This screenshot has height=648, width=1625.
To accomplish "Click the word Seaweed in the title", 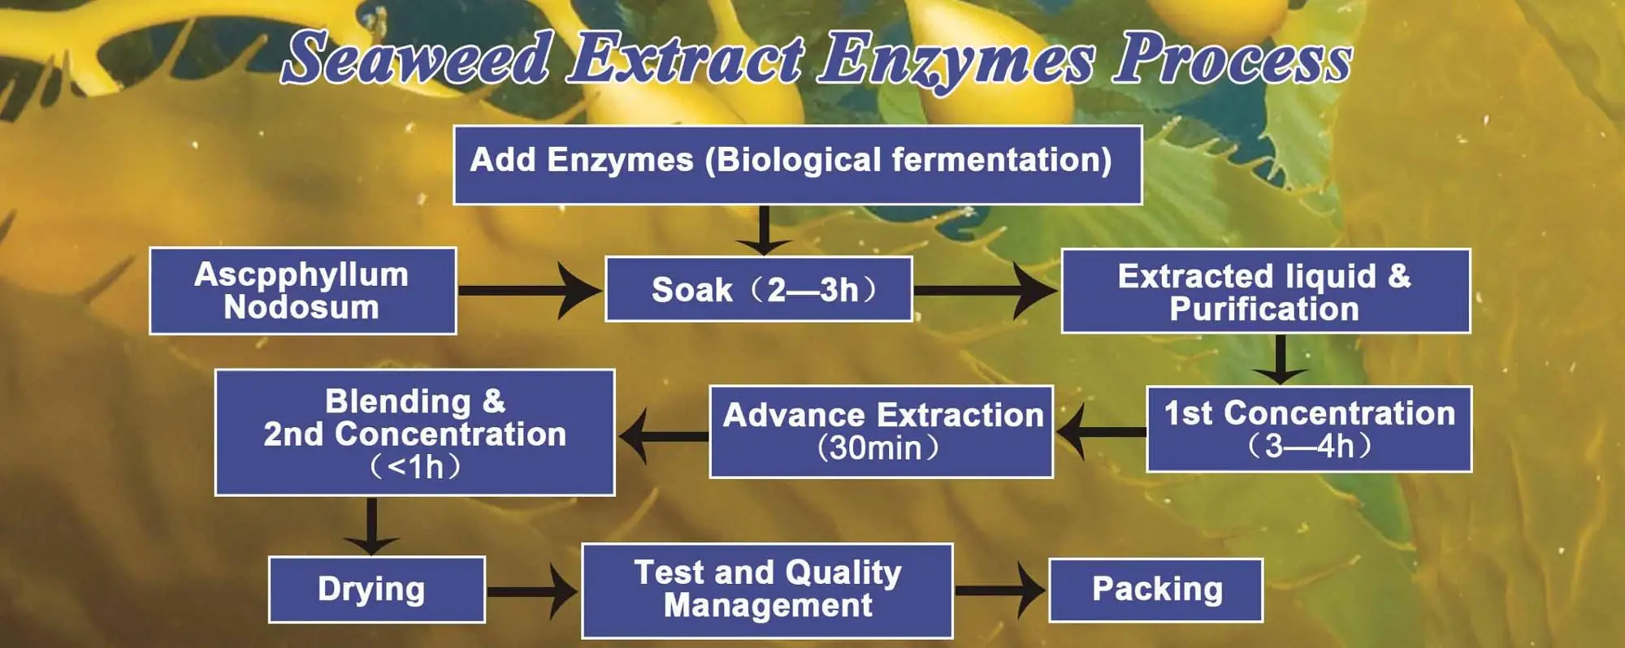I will tap(418, 58).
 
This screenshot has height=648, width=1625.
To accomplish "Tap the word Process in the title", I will tap(1232, 58).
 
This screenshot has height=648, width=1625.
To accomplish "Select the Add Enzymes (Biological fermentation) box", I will tap(797, 164).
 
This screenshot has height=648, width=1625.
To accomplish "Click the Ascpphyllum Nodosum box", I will tap(302, 291).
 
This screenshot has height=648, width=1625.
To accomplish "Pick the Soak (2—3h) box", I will tap(758, 289).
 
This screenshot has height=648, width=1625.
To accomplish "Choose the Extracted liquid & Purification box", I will tap(1265, 291).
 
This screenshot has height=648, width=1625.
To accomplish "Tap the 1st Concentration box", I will tap(1308, 429).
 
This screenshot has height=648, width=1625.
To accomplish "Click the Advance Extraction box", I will tap(881, 431).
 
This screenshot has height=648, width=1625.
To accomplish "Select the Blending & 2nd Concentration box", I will tap(414, 432).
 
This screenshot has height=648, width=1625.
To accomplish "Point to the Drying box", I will tap(376, 590).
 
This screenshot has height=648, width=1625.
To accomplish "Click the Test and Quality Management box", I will tap(767, 590).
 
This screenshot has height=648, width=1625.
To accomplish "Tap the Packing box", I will tap(1155, 590).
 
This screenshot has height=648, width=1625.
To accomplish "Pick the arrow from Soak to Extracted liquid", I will tap(986, 290).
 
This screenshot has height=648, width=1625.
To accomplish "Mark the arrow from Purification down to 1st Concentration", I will tap(1280, 359).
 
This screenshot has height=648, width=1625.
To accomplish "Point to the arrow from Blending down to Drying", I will tap(371, 525).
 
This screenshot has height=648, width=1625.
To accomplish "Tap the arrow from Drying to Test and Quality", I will tap(532, 590).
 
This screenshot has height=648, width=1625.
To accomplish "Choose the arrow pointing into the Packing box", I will tap(1000, 590).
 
